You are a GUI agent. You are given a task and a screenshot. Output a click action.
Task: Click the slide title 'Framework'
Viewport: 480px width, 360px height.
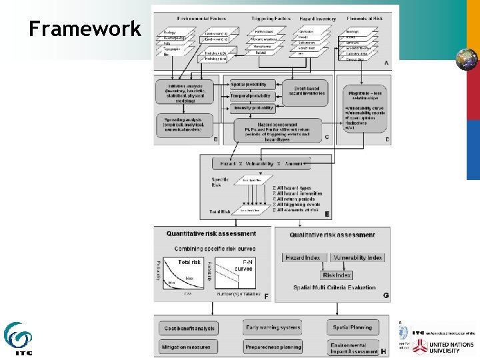(85, 29)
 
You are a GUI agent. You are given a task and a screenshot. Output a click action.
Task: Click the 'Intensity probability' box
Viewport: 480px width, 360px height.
(253, 108)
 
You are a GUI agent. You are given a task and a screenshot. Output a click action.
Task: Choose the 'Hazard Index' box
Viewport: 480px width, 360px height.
(303, 257)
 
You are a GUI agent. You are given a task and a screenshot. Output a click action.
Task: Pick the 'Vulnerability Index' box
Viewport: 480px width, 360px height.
(357, 257)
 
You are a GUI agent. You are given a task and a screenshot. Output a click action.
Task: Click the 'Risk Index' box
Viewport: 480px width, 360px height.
(337, 275)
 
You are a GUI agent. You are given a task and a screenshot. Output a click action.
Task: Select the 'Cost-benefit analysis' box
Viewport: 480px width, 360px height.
(189, 328)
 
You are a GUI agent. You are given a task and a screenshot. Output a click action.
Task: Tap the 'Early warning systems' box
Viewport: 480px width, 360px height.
(273, 327)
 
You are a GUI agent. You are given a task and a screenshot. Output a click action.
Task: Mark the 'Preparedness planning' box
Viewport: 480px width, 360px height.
(273, 347)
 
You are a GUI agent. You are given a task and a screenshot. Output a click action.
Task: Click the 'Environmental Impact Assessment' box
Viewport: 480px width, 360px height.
(353, 348)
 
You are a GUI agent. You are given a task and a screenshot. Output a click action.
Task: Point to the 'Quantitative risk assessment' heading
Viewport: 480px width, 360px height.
(211, 234)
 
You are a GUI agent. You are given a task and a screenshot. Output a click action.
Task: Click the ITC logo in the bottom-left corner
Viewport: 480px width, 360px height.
(19, 339)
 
